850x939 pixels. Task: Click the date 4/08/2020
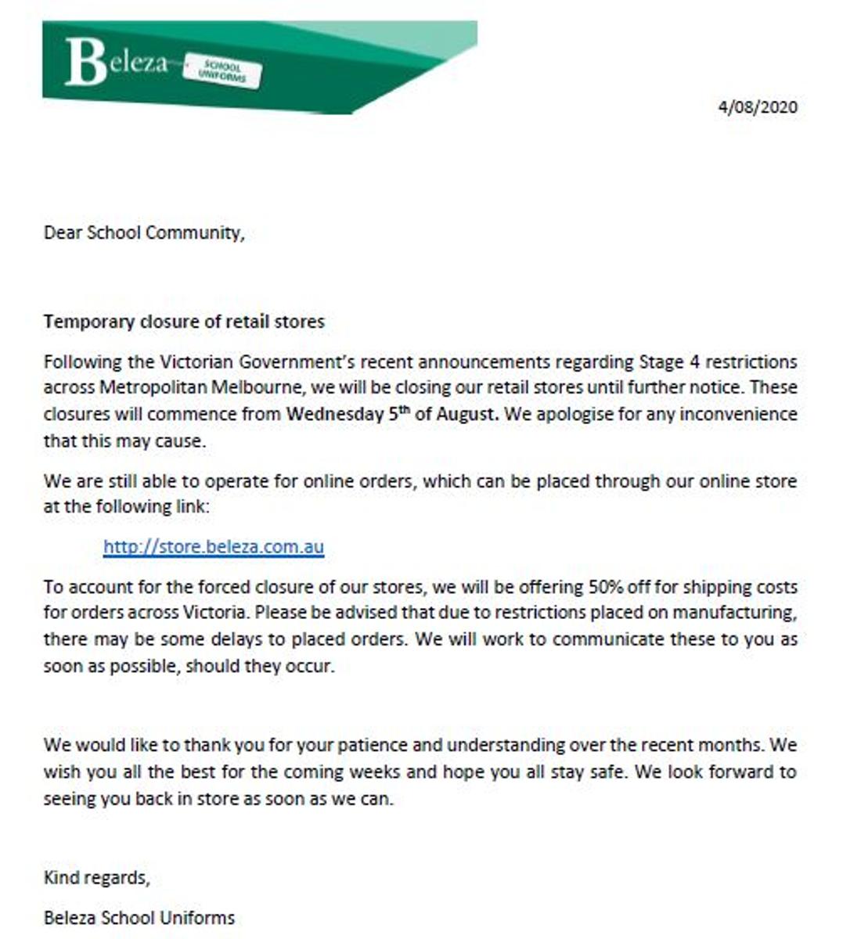[758, 107]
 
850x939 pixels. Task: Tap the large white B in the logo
[85, 62]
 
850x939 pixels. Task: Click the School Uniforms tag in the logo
[222, 71]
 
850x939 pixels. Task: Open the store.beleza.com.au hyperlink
[213, 546]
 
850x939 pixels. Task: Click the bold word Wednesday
[334, 414]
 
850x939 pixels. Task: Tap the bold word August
[466, 414]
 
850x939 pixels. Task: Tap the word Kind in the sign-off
[60, 877]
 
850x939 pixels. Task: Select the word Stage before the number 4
[661, 362]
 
